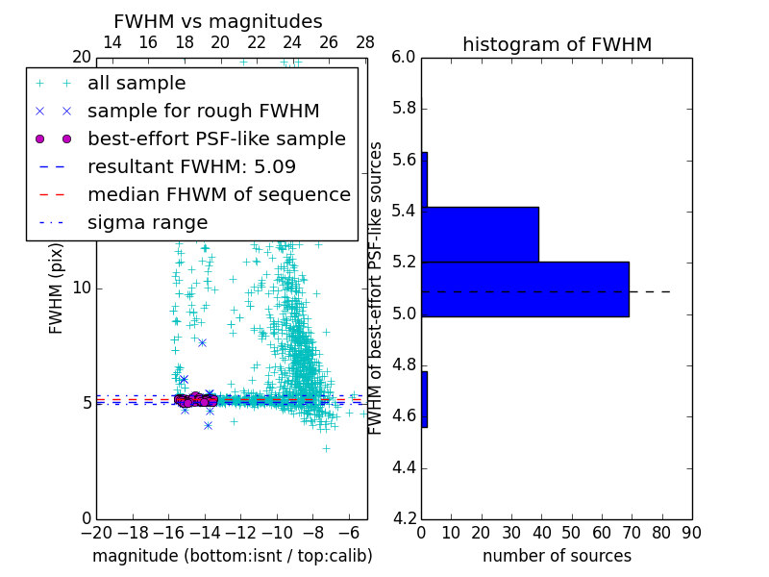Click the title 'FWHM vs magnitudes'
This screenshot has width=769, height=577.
pos(218,21)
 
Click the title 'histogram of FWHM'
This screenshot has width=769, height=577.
pos(557,44)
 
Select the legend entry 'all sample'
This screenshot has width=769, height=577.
pos(136,84)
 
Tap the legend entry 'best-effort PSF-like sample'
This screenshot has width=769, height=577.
pos(216,138)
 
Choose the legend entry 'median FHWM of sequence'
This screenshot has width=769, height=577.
pos(218,194)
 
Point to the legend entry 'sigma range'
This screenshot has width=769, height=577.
pos(147,222)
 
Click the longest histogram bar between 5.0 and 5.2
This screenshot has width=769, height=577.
pos(525,288)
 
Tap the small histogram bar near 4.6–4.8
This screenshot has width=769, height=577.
pos(424,399)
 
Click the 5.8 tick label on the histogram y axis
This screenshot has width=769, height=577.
pos(403,109)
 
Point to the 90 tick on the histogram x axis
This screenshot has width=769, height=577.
pos(691,533)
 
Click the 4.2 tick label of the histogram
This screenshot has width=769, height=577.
pos(403,519)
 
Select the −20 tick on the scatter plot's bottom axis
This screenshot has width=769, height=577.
pos(96,533)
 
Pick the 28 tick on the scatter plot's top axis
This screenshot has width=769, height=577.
pos(365,42)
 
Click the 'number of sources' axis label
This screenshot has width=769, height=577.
pos(557,556)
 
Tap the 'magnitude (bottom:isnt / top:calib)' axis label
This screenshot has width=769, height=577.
pos(232,556)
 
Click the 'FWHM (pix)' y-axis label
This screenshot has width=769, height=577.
pos(57,288)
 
